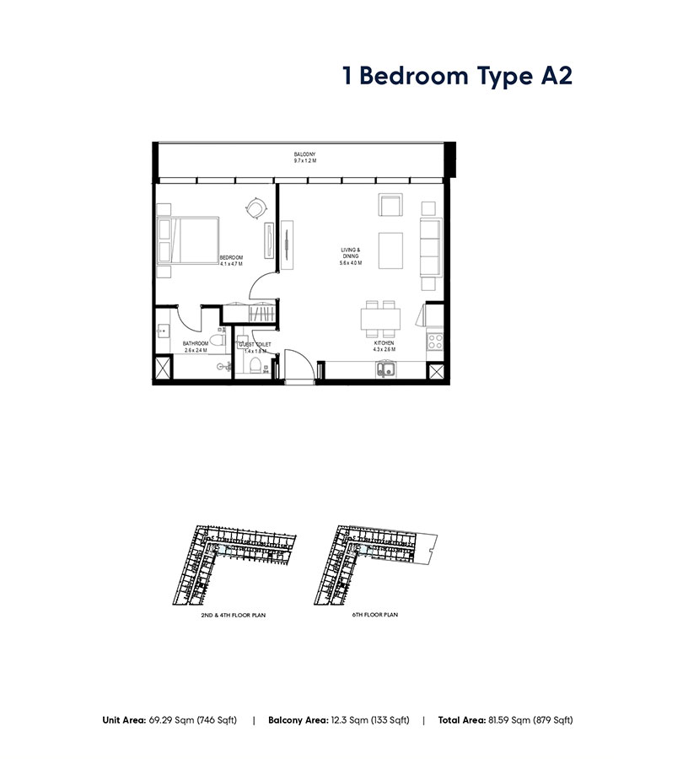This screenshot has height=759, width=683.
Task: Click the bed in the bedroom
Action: click(191, 240)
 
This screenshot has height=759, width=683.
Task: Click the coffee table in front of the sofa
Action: click(391, 250)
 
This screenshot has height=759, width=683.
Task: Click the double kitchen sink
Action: click(387, 368)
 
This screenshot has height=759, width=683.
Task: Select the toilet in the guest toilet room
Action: click(254, 364)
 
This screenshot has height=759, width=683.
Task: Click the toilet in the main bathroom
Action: click(217, 342)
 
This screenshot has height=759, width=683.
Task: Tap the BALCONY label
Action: click(304, 153)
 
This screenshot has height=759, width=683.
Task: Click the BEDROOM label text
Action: click(231, 257)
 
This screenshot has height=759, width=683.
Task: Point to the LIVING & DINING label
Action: click(351, 253)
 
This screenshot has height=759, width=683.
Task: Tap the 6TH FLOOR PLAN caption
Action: click(374, 615)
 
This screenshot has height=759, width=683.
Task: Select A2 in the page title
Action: click(555, 75)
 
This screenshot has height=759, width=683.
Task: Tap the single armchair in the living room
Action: click(390, 207)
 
